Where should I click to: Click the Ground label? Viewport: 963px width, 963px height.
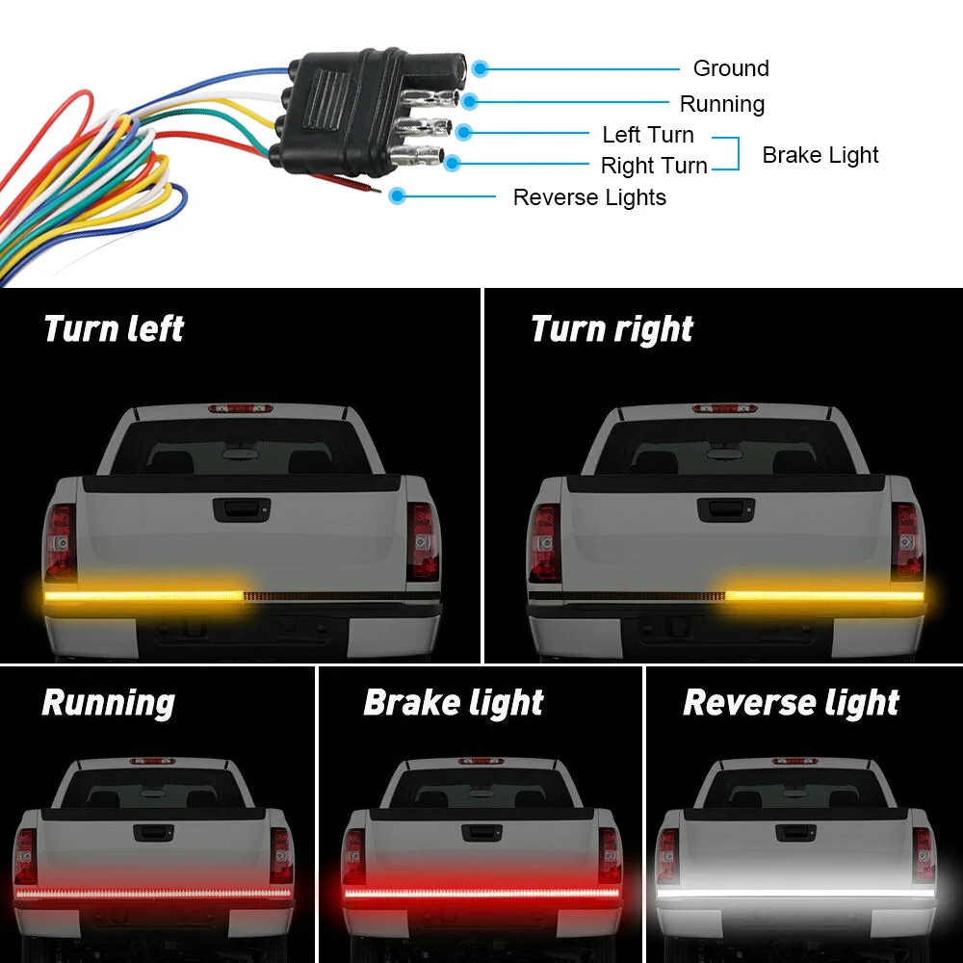[731, 68]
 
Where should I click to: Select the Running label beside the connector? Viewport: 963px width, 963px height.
[721, 104]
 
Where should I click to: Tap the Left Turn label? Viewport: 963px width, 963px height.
[647, 135]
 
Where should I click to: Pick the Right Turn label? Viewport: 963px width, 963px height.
[654, 166]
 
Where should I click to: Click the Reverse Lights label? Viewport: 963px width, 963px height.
[589, 197]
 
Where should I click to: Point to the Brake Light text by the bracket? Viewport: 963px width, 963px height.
[820, 155]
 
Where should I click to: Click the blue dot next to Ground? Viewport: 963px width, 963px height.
[480, 68]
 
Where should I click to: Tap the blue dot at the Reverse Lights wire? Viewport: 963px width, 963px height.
[397, 195]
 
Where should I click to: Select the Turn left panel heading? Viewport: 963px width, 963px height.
[114, 329]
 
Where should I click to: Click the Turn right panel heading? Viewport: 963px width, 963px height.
[612, 329]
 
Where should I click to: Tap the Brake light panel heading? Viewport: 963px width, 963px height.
[454, 703]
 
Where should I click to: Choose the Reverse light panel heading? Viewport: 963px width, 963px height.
[791, 703]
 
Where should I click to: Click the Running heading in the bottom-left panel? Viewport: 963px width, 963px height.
[108, 703]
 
